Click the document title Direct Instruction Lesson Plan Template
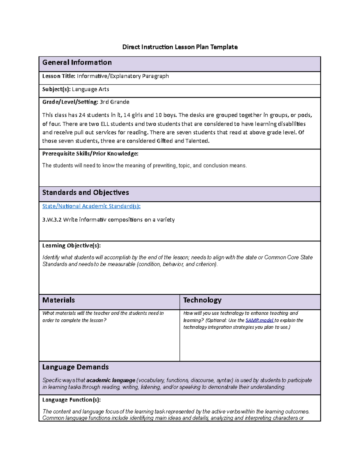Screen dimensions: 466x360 point(180,47)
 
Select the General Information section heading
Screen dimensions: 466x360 point(77,62)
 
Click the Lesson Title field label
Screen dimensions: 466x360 point(58,76)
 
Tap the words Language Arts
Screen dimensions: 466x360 point(90,89)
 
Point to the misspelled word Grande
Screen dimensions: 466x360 point(120,102)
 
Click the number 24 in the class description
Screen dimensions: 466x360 point(82,115)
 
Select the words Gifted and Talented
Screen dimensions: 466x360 point(182,141)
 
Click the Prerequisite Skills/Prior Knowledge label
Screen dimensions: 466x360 point(90,154)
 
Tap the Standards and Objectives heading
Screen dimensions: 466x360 point(85,193)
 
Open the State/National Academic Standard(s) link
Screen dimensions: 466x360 point(91,206)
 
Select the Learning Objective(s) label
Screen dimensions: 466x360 point(71,246)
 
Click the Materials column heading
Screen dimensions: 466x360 point(58,300)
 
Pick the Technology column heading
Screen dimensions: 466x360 point(202,300)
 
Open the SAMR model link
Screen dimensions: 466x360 point(259,320)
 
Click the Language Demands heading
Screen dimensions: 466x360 point(75,367)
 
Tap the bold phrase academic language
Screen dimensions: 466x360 point(111,380)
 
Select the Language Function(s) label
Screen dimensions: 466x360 point(71,400)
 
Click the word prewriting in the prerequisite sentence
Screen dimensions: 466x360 point(165,166)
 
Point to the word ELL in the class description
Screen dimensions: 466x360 point(105,124)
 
